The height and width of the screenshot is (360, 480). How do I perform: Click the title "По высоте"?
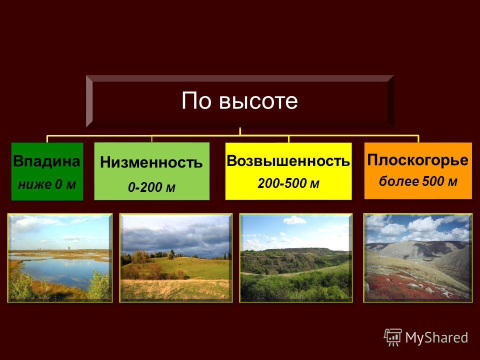pos(239,100)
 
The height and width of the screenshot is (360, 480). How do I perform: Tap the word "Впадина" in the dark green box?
pos(46,161)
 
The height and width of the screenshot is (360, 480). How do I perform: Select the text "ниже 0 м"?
pos(47,184)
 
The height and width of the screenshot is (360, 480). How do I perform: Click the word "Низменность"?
pos(151,162)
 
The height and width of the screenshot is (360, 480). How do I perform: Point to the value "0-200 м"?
pos(151,187)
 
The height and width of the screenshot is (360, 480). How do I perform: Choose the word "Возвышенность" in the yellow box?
pos(288,160)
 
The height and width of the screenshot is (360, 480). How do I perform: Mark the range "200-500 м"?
pos(288,183)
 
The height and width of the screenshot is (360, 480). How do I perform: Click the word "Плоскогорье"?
pos(418,160)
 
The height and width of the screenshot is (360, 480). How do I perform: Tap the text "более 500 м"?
pos(418,181)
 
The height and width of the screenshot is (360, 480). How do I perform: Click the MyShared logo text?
pos(436,337)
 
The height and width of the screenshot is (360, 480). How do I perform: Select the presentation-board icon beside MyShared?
pos(393,337)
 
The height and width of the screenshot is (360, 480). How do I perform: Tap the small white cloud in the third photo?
pos(294,220)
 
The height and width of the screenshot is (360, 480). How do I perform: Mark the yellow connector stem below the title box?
pos(240,131)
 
